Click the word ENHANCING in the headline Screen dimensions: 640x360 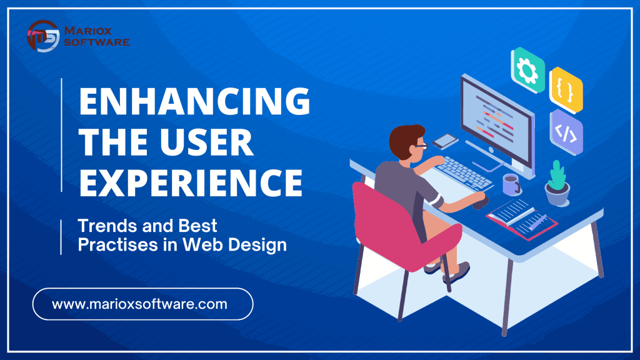[x=195, y=101]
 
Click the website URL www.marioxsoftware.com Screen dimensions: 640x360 [x=139, y=304]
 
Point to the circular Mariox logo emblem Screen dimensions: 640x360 [x=43, y=36]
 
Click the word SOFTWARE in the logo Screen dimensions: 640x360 [x=97, y=42]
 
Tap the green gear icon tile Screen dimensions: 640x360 [x=527, y=70]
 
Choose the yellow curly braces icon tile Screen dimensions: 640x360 [x=566, y=91]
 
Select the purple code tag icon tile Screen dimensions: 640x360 [x=566, y=132]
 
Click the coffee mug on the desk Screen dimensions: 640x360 [x=511, y=184]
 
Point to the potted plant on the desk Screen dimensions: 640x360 [x=557, y=183]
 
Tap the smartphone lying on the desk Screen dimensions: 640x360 [x=445, y=141]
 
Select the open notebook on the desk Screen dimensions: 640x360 [x=522, y=219]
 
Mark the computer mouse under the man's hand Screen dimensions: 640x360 [x=481, y=202]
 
